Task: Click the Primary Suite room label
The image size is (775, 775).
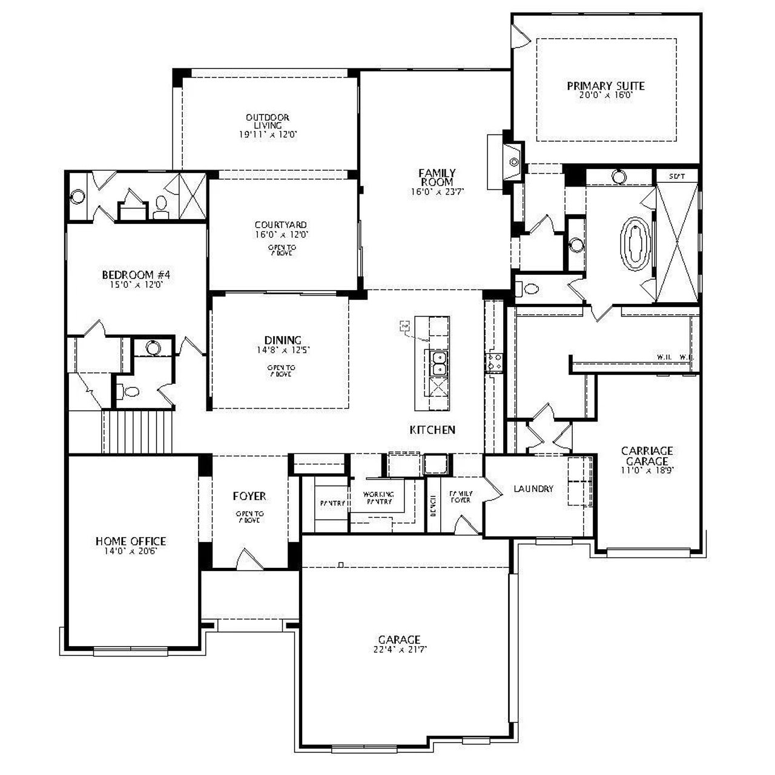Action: point(605,86)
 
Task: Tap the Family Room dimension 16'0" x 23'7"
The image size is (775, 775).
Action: point(437,192)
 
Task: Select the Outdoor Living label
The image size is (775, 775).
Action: point(267,121)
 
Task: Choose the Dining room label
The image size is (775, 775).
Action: point(283,340)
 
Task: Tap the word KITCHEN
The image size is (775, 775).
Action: point(432,430)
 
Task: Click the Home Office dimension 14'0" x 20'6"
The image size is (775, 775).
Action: point(131,551)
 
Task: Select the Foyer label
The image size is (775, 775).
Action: point(249,496)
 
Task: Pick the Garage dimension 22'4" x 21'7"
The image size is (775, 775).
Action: point(399,650)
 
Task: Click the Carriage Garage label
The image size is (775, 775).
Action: point(647,456)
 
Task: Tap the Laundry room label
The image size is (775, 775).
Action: point(533,489)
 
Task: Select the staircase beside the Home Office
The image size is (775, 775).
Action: point(138,432)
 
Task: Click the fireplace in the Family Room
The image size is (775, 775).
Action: point(512,162)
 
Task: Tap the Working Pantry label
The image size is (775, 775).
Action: point(378,498)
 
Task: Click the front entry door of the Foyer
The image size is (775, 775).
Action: point(249,560)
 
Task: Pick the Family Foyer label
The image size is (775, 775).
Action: point(460,497)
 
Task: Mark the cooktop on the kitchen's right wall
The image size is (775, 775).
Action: point(493,362)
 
